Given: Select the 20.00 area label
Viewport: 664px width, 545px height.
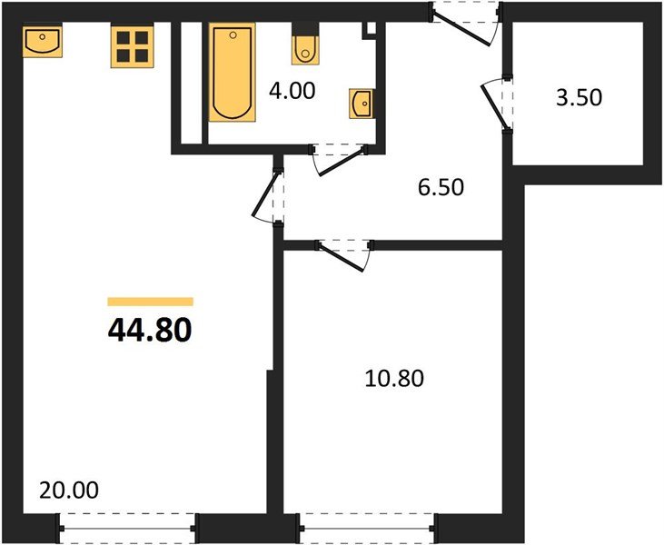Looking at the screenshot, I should point(69,490).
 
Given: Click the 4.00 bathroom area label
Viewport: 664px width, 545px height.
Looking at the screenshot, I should point(289,92).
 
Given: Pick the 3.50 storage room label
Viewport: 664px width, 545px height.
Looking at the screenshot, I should point(579,97).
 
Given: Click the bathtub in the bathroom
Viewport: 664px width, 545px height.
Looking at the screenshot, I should point(232,73).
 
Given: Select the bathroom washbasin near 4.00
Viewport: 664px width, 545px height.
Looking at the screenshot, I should point(361,104).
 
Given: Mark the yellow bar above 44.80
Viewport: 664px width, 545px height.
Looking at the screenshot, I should point(150,302).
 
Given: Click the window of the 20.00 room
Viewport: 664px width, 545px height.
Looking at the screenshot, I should point(127,525).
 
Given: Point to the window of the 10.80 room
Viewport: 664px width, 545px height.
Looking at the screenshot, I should point(368,525).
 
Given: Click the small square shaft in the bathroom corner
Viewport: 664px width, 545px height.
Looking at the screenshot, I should point(369,29).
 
